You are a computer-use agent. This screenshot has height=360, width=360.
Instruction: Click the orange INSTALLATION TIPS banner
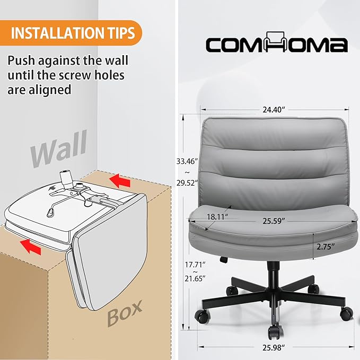click(71, 33)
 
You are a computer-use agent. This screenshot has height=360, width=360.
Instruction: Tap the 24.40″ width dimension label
click(274, 110)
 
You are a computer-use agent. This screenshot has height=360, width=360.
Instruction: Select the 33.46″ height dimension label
click(187, 161)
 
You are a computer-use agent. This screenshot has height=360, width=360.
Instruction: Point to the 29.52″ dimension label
click(187, 183)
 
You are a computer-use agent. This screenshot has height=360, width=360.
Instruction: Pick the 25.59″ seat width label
click(274, 221)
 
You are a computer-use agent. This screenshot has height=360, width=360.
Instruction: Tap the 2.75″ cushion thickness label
click(326, 247)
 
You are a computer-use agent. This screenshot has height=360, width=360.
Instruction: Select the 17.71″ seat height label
click(195, 265)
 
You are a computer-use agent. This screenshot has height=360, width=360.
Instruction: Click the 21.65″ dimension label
click(195, 278)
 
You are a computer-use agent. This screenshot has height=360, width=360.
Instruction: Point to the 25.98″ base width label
click(274, 348)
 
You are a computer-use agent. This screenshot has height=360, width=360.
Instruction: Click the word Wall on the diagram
click(59, 148)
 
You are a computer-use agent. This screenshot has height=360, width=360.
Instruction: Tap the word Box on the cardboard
click(125, 313)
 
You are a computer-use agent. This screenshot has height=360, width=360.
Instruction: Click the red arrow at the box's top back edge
click(120, 180)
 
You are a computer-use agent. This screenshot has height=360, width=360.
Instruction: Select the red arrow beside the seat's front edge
click(31, 247)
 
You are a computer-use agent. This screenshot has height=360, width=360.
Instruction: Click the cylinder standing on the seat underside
click(65, 178)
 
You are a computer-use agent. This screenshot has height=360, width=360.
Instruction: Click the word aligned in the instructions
click(50, 90)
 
